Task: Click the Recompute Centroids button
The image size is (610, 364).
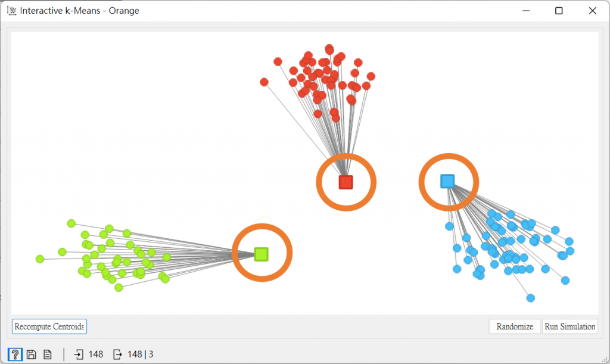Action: click(49, 326)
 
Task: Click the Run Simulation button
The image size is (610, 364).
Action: click(569, 326)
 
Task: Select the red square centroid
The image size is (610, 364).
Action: click(346, 182)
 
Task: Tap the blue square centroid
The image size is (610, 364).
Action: click(447, 181)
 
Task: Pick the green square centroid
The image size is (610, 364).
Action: click(261, 254)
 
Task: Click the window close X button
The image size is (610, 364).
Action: click(592, 11)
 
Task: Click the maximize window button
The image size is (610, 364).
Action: click(559, 11)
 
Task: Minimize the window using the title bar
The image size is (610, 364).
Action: click(525, 11)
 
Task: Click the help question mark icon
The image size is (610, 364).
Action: click(15, 354)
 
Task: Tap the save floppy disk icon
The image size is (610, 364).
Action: click(32, 354)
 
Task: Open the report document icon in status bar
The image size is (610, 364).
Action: click(47, 354)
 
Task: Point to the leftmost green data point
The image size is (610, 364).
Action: click(40, 259)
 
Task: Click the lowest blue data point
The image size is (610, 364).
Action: click(530, 298)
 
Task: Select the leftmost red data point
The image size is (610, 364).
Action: click(264, 82)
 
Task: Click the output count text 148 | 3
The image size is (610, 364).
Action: click(141, 354)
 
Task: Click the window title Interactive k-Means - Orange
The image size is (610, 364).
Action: click(79, 11)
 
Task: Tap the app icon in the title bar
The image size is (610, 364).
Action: click(11, 11)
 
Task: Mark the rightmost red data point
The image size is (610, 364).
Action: click(371, 76)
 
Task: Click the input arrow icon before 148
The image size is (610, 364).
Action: click(79, 354)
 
